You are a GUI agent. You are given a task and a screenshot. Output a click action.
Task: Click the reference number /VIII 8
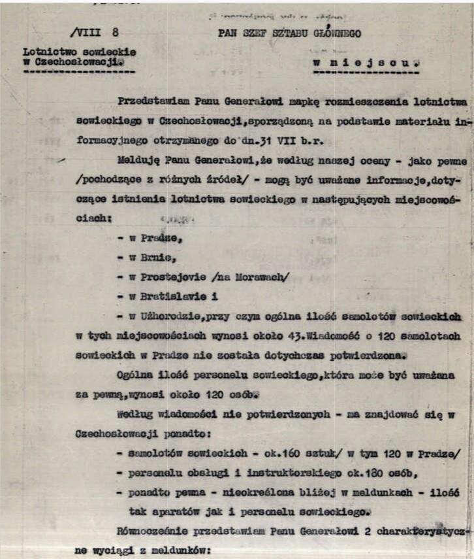coord(93,33)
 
